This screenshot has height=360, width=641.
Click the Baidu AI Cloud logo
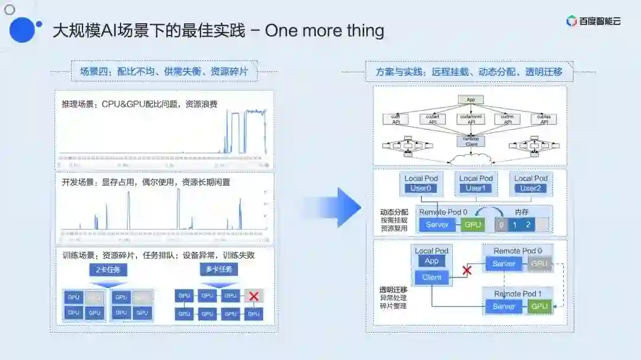tap(593, 21)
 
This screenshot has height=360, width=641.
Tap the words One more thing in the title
tap(324, 30)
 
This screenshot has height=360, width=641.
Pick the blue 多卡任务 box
tap(219, 270)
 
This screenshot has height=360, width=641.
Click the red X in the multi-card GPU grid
tap(253, 295)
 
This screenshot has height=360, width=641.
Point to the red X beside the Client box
tap(467, 270)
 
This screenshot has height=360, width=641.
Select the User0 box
tap(422, 189)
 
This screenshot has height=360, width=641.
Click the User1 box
tap(476, 189)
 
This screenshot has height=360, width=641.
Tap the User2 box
tap(531, 189)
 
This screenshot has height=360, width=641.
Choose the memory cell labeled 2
tap(528, 225)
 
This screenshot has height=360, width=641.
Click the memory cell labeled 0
tap(502, 225)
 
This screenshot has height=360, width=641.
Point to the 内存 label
tap(522, 212)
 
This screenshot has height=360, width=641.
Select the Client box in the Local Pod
tap(431, 277)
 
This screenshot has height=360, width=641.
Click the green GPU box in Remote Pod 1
tap(540, 306)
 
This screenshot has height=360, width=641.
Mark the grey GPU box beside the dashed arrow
tap(540, 263)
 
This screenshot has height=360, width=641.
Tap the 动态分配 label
tap(394, 212)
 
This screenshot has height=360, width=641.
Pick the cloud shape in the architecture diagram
tap(470, 158)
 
